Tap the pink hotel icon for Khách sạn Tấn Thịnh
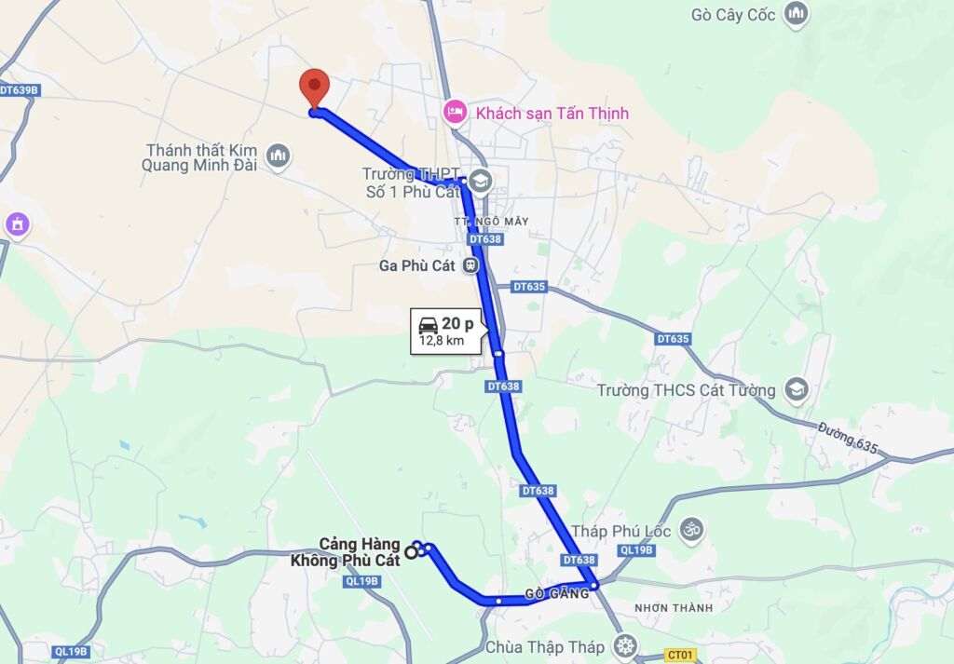(x=455, y=112)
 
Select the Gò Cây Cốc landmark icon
(x=795, y=14)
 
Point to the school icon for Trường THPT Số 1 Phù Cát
(x=481, y=181)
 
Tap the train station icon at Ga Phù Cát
(x=472, y=265)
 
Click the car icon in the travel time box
(x=429, y=324)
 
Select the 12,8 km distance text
(x=442, y=341)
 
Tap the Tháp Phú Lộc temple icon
(x=690, y=530)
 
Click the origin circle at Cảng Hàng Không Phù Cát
(x=411, y=551)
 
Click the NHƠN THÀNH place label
(x=673, y=608)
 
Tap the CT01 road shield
(x=680, y=656)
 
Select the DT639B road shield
(x=20, y=90)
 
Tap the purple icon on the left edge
(x=17, y=224)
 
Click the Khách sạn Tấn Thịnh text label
(x=552, y=113)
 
